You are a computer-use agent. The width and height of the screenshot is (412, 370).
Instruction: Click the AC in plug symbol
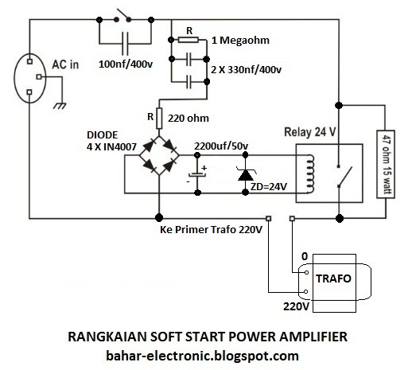tap(30, 78)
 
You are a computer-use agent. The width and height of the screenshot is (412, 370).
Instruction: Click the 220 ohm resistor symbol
tap(159, 119)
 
